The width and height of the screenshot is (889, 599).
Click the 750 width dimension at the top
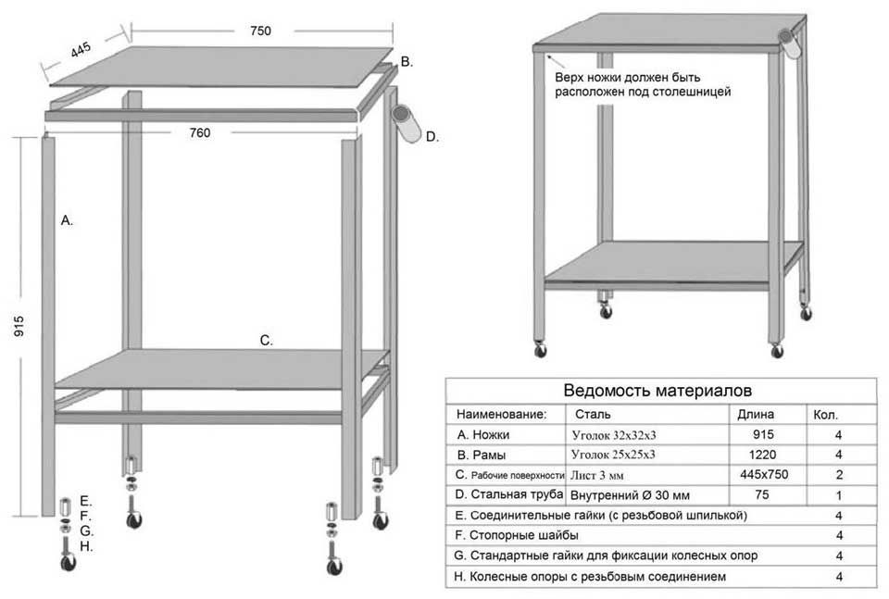[x=260, y=31]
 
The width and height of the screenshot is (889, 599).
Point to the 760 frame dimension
[x=199, y=132]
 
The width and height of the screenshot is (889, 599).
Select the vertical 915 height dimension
[x=19, y=325]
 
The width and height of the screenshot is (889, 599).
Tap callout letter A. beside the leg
[x=66, y=220]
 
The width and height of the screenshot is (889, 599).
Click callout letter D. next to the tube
[x=432, y=137]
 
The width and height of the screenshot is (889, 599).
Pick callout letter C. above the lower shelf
[x=266, y=341]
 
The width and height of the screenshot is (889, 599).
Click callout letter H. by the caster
[x=85, y=546]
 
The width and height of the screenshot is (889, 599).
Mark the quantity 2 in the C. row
[x=838, y=475]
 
